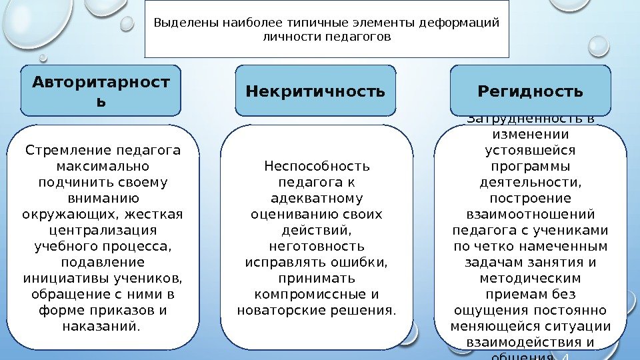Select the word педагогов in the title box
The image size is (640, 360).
click(x=357, y=37)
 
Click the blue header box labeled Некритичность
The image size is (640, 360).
click(x=316, y=90)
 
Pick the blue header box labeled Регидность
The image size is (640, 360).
click(x=531, y=90)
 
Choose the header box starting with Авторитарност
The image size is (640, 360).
click(x=101, y=90)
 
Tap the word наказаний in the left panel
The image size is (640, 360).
click(x=100, y=326)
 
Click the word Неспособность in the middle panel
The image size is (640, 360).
click(x=317, y=166)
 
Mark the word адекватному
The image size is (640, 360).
click(x=317, y=198)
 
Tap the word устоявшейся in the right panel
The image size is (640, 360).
click(x=530, y=150)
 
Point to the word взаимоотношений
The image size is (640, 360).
click(x=530, y=214)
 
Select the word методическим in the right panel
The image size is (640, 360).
click(x=530, y=278)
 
